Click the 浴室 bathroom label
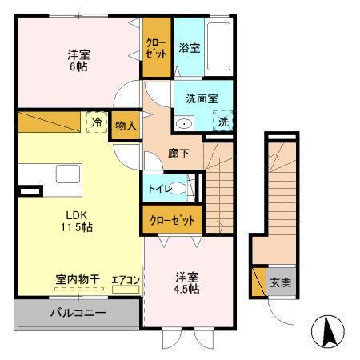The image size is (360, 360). [x=190, y=48]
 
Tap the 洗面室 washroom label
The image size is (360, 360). [x=202, y=99]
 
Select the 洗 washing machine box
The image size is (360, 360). [x=224, y=122]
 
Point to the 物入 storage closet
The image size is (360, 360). [x=126, y=126]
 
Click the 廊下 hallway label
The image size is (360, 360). [x=179, y=154]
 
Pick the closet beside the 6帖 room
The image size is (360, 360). [x=157, y=48]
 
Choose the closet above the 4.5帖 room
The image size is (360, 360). [x=172, y=219]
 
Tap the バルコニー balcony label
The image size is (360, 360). [x=79, y=312]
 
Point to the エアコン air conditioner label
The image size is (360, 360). [x=126, y=279]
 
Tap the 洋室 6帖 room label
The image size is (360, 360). [x=78, y=61]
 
